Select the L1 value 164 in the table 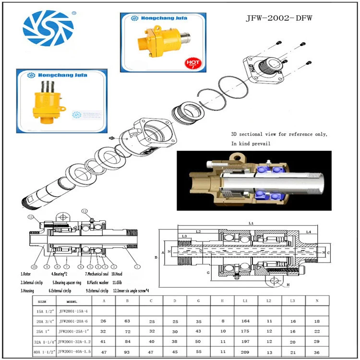[x=245, y=321]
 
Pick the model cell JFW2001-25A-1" [x=73, y=331]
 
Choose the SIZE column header [x=42, y=301]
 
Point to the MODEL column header [x=72, y=301]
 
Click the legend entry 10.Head [x=118, y=274]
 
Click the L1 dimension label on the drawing [x=252, y=224]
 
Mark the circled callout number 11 [x=84, y=210]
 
